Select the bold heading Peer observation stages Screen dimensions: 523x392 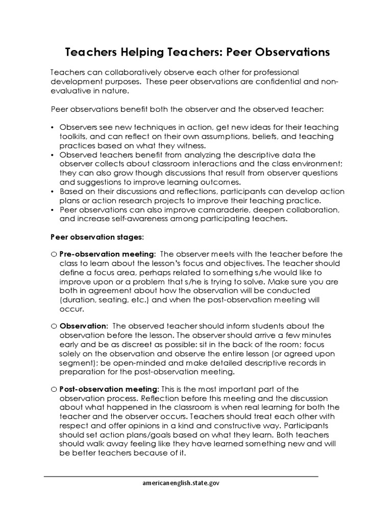coord(97,237)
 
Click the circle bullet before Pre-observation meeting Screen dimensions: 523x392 coord(54,254)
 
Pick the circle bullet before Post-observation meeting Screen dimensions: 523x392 coord(54,389)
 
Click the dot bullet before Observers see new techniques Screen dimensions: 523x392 coord(53,127)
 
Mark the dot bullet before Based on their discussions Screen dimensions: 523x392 coord(53,192)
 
